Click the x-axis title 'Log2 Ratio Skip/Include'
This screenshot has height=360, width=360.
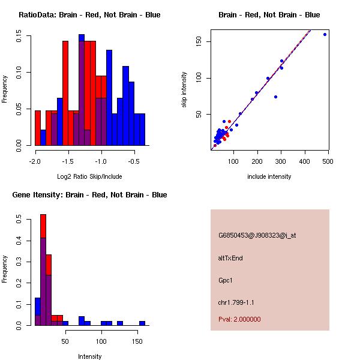89,176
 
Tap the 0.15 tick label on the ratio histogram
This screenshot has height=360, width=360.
20,37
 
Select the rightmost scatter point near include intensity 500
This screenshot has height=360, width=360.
325,34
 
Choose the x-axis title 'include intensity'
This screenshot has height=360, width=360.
269,176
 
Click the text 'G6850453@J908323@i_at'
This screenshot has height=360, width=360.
257,235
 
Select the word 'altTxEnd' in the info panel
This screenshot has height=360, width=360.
230,258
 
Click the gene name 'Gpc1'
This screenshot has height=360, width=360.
225,280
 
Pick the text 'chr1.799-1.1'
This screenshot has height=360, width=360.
236,302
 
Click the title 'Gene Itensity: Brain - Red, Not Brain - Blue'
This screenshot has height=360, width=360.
89,195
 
